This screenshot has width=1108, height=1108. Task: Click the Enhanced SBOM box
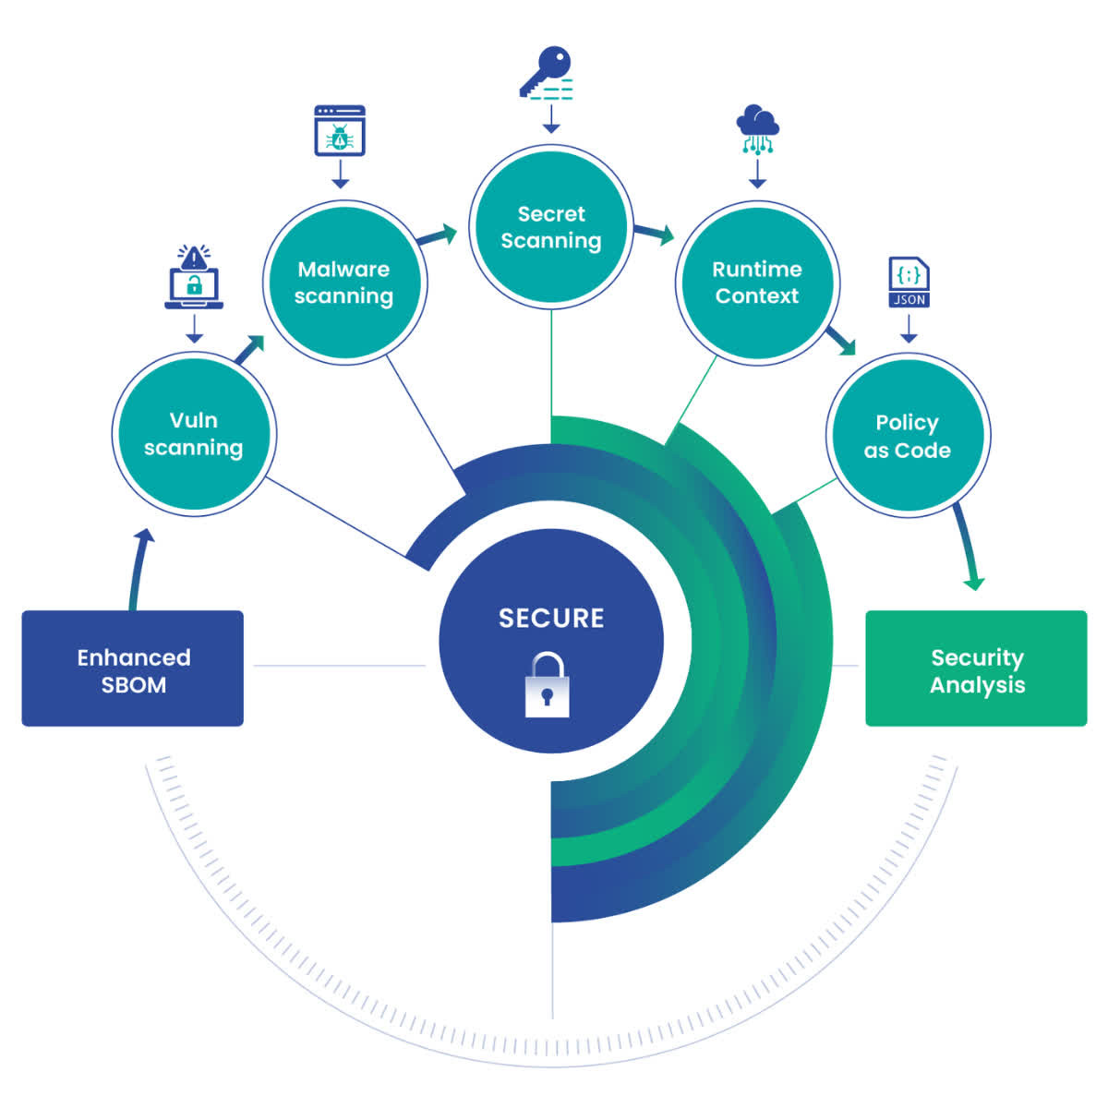[x=133, y=668]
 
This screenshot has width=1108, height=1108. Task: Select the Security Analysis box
[x=976, y=668]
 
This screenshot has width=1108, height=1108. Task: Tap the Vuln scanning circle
[x=194, y=433]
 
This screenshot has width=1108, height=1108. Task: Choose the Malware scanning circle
[x=343, y=283]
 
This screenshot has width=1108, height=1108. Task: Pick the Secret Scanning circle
[x=551, y=226]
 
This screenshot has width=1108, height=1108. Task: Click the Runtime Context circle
[x=757, y=283]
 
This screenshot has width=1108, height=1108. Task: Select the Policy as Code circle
[x=907, y=435]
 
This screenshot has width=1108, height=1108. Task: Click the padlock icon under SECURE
[x=548, y=684]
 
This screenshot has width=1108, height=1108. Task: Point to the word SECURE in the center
[x=551, y=618]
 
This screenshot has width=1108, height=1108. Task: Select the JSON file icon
[x=909, y=283]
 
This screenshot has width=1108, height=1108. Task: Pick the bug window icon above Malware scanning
[x=340, y=130]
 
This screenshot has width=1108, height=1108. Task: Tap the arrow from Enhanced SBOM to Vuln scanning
[x=138, y=569]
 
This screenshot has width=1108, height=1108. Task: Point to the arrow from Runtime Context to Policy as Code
[x=839, y=339]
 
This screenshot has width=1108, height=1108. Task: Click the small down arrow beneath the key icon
[x=551, y=119]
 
